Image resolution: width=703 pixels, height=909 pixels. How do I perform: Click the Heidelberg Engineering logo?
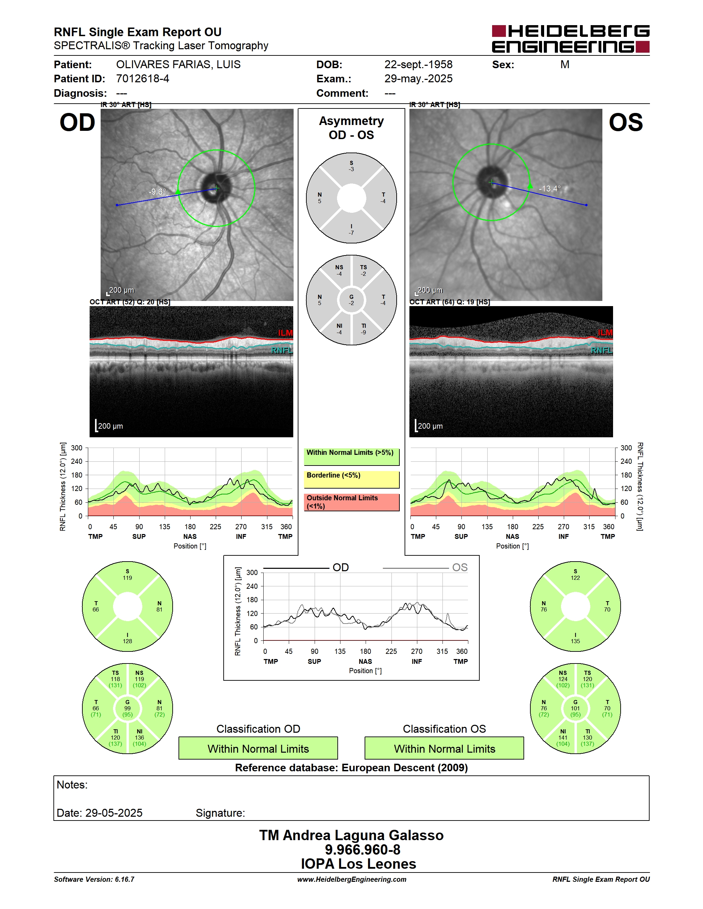coord(571,39)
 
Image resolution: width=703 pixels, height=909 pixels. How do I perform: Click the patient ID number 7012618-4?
coord(142,79)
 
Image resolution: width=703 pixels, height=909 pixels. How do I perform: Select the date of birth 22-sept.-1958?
coord(418,64)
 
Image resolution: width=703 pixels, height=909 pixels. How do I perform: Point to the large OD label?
coord(78,123)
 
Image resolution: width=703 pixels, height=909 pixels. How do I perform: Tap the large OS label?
coord(625,123)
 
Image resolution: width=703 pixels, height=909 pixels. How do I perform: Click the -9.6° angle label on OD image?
coord(157,192)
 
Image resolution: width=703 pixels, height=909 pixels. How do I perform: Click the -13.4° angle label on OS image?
coord(550,189)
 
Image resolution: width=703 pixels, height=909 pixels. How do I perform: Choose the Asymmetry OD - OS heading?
coord(351,128)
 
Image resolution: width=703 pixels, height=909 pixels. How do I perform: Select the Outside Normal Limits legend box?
coord(351,502)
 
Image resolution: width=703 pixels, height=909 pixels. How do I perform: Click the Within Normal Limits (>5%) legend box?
coord(351,457)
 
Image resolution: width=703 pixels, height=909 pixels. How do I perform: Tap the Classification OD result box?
coord(258,748)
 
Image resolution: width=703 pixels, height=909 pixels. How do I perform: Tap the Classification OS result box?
coord(445,748)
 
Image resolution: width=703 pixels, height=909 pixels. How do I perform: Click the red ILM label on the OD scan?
coord(285,333)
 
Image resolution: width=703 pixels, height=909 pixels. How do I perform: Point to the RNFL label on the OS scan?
coord(602,351)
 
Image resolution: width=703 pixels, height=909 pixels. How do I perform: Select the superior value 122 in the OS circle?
coord(575,578)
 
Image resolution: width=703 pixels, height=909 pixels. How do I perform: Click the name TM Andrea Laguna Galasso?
coord(351,835)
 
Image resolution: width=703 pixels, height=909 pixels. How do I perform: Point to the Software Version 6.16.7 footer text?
coord(94,879)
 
